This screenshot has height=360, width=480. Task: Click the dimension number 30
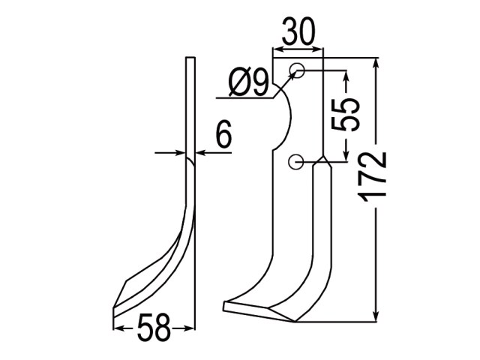(298, 31)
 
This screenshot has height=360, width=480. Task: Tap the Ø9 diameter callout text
(248, 82)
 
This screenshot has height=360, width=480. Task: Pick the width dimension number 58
(154, 328)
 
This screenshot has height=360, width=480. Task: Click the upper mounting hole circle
(297, 70)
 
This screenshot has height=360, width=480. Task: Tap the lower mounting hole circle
(295, 162)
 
